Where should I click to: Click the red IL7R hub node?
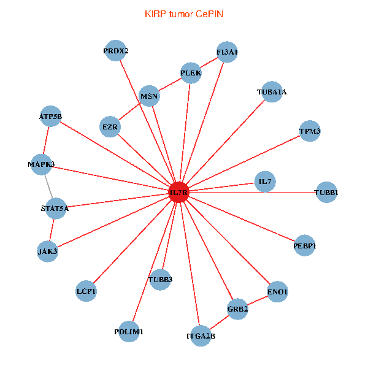[178, 193]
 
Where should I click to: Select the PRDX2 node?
[115, 51]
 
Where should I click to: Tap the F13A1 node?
[227, 52]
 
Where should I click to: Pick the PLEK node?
[191, 74]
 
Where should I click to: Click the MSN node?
[149, 96]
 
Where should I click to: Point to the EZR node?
[110, 127]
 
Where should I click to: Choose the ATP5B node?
[50, 116]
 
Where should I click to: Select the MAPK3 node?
[41, 164]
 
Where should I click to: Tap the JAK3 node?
[47, 251]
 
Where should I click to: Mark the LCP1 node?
[86, 291]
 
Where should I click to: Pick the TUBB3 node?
[160, 280]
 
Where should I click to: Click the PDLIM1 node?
[129, 332]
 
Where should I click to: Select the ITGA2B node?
[201, 335]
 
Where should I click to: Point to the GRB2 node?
[237, 309]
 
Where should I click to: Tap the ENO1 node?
[277, 292]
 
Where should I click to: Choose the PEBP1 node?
[305, 246]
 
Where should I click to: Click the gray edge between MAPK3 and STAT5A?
[48, 186]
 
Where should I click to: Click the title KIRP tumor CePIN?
[183, 13]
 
